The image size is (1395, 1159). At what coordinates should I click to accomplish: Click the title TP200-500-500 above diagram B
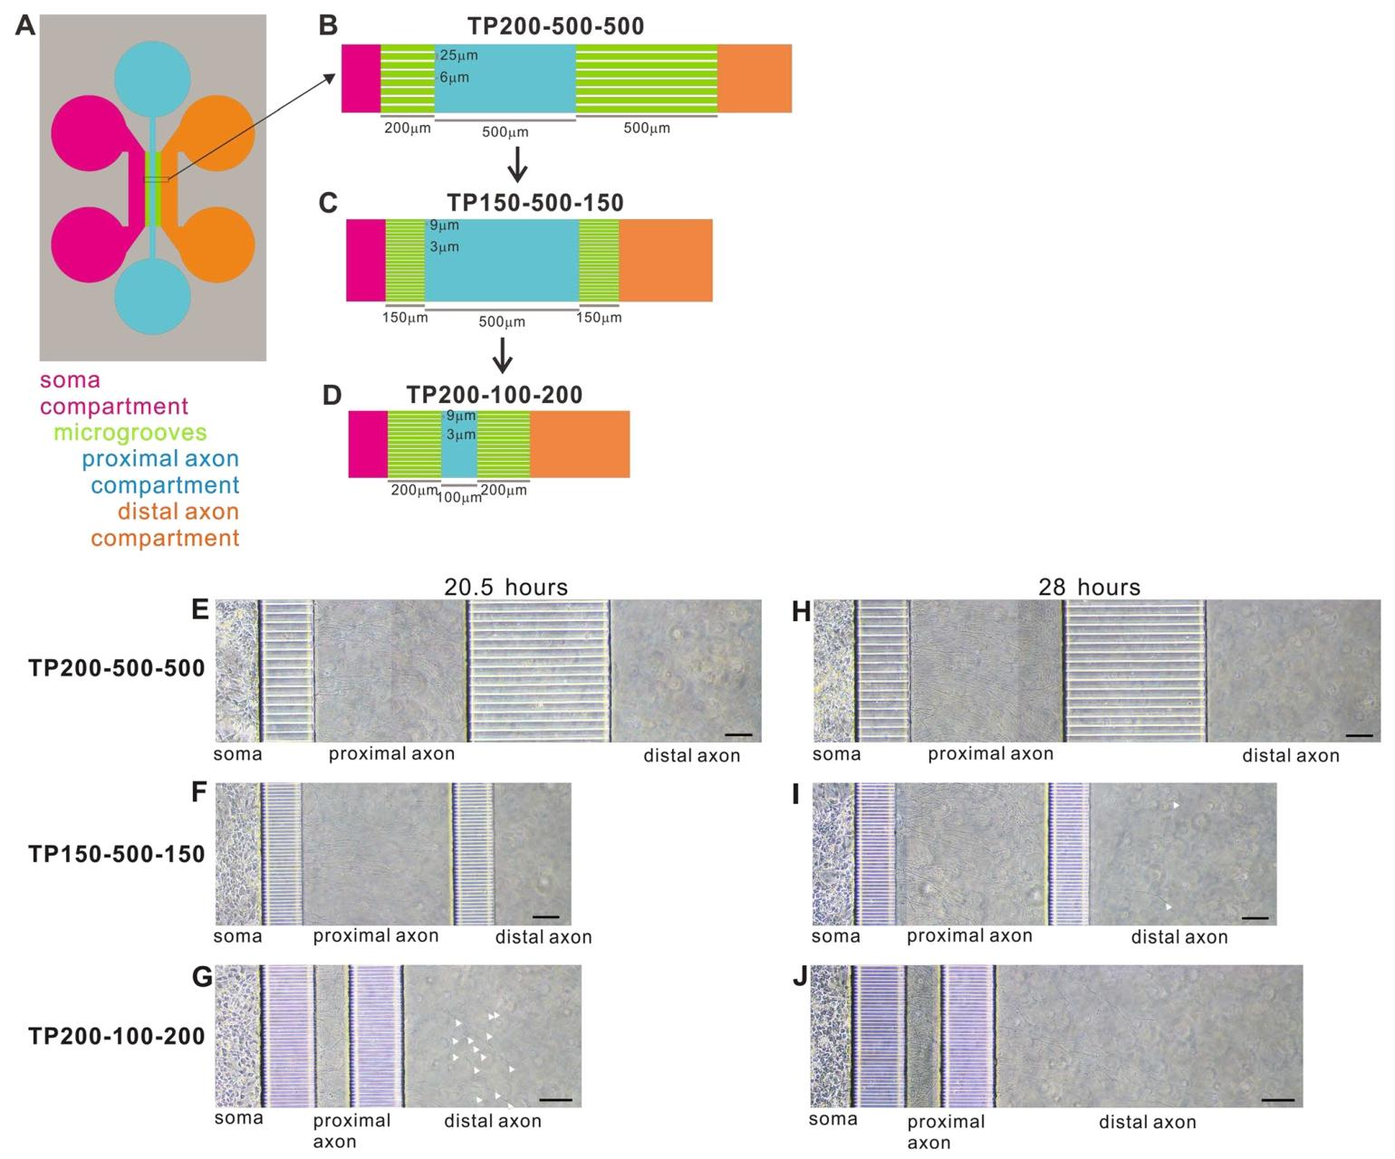click(x=556, y=25)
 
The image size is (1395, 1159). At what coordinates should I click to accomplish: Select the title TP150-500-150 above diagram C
click(x=535, y=202)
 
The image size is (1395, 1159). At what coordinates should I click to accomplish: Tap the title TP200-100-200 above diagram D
click(x=495, y=395)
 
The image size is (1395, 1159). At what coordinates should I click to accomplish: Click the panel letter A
click(x=25, y=25)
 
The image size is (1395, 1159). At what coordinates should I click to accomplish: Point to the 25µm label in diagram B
click(x=458, y=56)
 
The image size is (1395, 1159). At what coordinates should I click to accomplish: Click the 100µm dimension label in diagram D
click(x=459, y=498)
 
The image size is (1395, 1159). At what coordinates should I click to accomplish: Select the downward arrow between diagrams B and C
click(x=517, y=164)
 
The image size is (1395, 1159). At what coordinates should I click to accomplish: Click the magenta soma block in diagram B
click(x=361, y=78)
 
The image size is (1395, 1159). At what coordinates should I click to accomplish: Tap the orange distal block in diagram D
click(x=580, y=444)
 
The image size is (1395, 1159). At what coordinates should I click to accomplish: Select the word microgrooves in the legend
click(x=130, y=433)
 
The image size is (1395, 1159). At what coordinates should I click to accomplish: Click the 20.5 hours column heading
click(x=505, y=587)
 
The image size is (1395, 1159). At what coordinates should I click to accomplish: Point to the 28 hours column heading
click(x=1089, y=587)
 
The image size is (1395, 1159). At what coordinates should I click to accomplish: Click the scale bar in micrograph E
click(x=738, y=733)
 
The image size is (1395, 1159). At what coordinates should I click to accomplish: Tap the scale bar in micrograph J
click(x=1277, y=1100)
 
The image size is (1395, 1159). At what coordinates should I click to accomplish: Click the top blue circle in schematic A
click(x=153, y=78)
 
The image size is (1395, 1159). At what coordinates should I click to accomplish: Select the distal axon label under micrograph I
click(x=1179, y=937)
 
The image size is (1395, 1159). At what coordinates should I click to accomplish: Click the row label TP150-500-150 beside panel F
click(x=117, y=854)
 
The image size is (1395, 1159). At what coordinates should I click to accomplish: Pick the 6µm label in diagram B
click(x=455, y=78)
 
